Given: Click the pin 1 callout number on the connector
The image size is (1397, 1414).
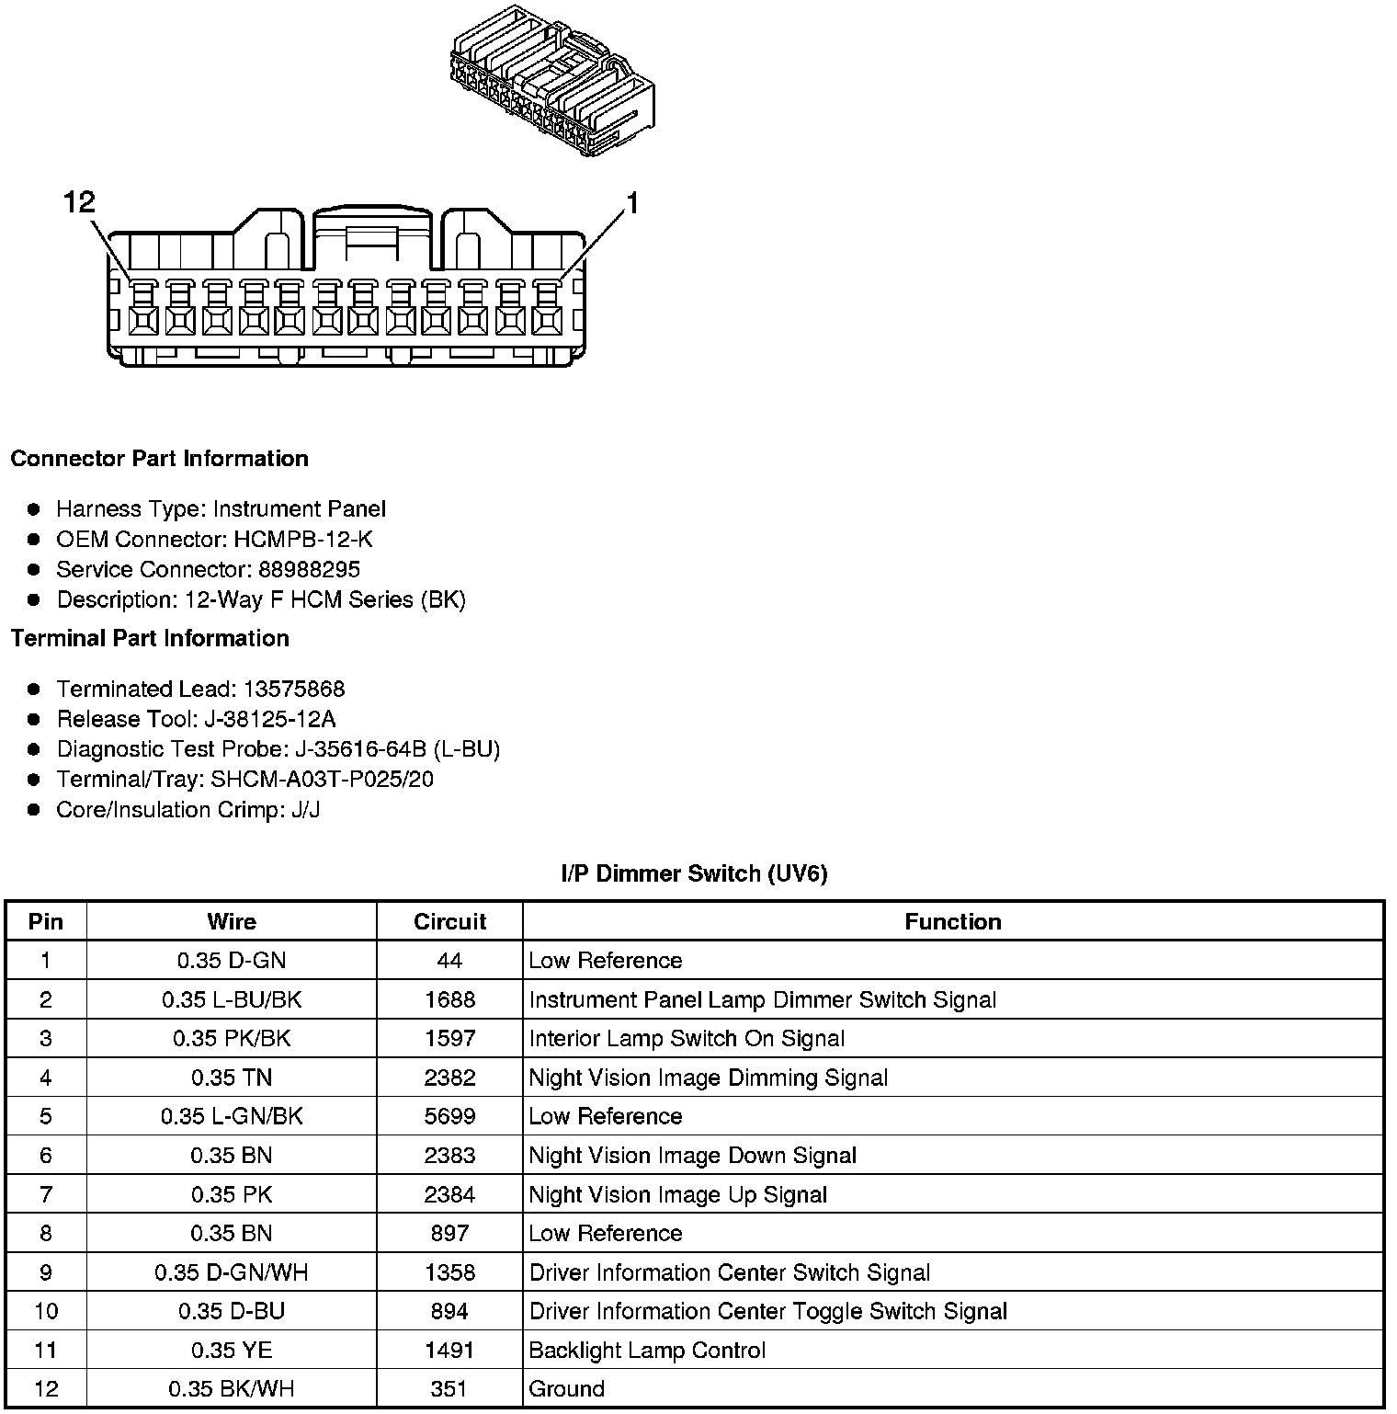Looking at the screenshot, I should coord(631,203).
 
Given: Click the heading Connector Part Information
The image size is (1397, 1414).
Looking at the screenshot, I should coord(159,459).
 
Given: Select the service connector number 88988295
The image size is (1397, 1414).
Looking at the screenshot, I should coord(309,570).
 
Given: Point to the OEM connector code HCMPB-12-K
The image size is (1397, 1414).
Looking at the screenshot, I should coord(303,540).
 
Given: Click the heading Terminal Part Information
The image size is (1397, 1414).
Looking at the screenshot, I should coord(150,639).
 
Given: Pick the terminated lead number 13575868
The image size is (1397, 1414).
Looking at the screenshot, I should coord(293,690).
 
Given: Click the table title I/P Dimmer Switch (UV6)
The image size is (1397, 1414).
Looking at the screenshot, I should coord(694,873).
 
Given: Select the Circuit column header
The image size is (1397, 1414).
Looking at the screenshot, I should coord(449,922).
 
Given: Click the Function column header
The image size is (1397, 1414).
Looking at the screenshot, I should coord(953,922).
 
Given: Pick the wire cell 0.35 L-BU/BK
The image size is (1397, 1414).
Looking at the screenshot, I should coord(232,1000).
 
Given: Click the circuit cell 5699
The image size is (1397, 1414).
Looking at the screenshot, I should coord(449,1117).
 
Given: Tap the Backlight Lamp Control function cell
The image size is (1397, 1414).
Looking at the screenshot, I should coord(647,1351).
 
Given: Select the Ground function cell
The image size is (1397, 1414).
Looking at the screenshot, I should coord(566,1389).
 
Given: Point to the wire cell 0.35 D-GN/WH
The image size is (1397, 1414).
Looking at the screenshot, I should coord(232,1273).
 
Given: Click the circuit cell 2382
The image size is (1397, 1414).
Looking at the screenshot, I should coord(449,1078).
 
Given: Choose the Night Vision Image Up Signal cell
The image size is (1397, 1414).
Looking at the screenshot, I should coord(678,1195).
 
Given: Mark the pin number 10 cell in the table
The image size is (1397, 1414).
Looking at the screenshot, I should coord(46,1312).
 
